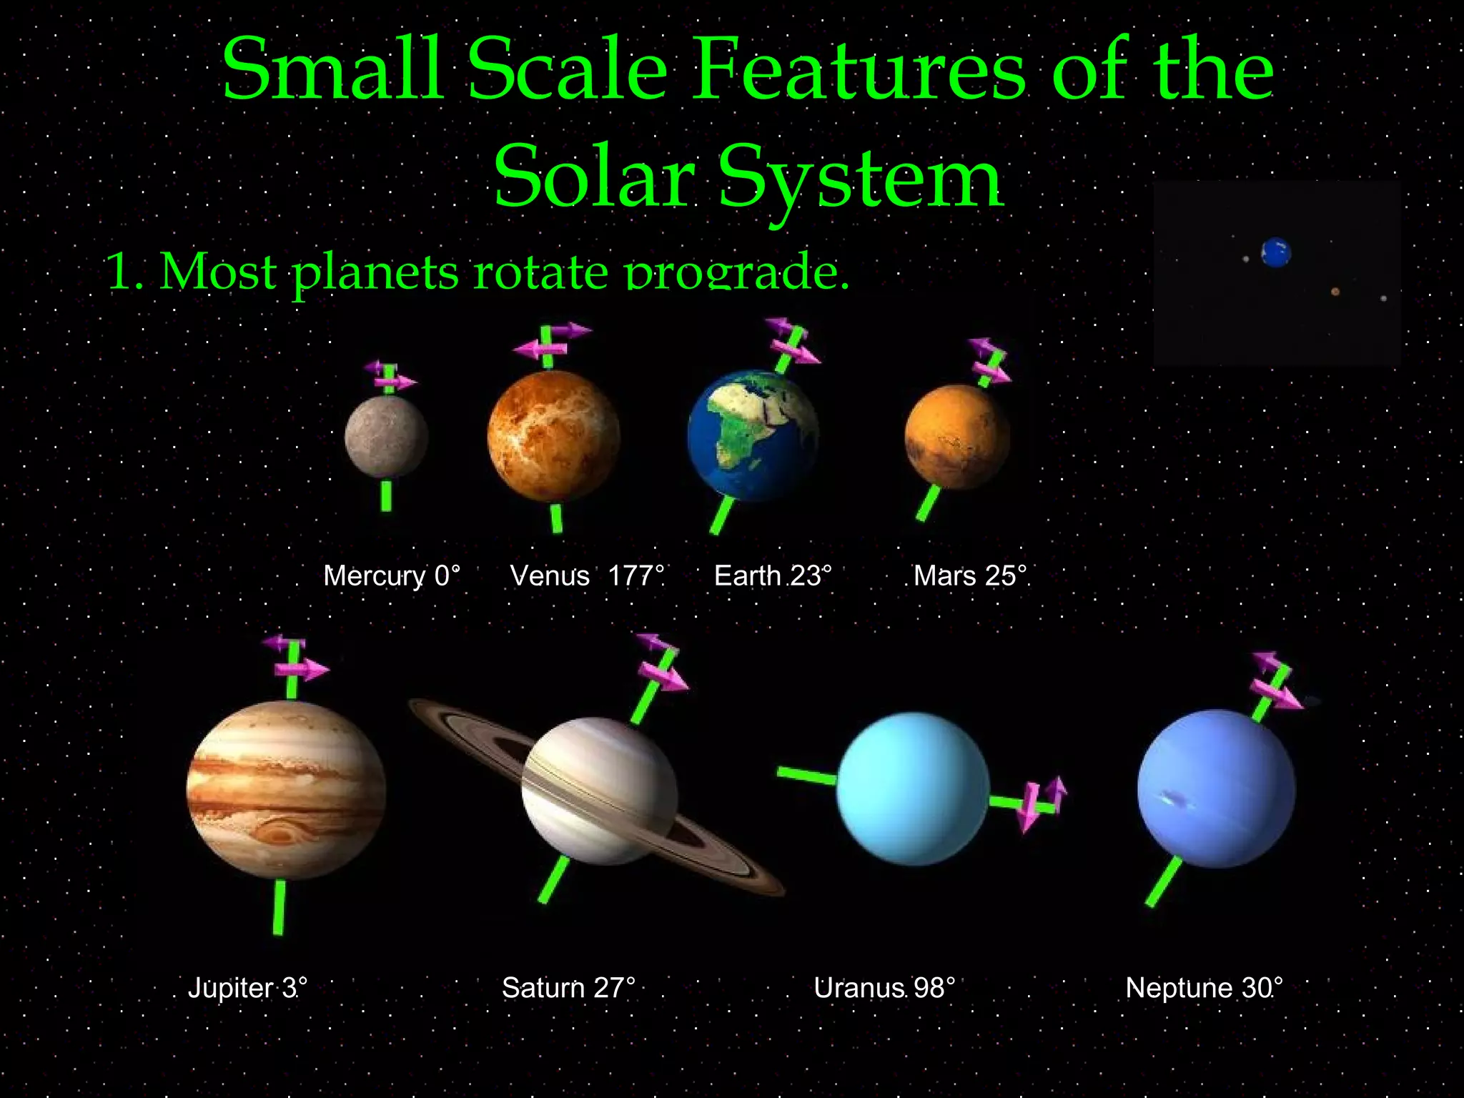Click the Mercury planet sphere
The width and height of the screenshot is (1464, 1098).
[386, 437]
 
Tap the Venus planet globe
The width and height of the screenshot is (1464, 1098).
[553, 436]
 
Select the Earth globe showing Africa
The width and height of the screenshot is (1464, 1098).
[753, 434]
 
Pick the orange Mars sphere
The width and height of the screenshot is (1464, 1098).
[957, 437]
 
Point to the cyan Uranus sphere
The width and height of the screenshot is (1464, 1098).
[913, 788]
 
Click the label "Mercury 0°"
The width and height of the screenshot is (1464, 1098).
[392, 575]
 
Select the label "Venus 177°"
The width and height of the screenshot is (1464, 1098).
[587, 575]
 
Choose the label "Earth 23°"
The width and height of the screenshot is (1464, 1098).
[773, 575]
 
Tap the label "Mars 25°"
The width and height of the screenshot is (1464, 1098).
[970, 575]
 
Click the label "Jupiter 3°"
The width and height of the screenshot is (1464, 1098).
[247, 988]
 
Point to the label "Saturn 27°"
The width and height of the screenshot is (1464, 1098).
[568, 988]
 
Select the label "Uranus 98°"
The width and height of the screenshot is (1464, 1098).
[884, 988]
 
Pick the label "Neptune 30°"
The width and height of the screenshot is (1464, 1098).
[1204, 988]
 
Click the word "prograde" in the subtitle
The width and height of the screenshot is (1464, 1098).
[736, 272]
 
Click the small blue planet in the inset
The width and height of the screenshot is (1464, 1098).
[1276, 252]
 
